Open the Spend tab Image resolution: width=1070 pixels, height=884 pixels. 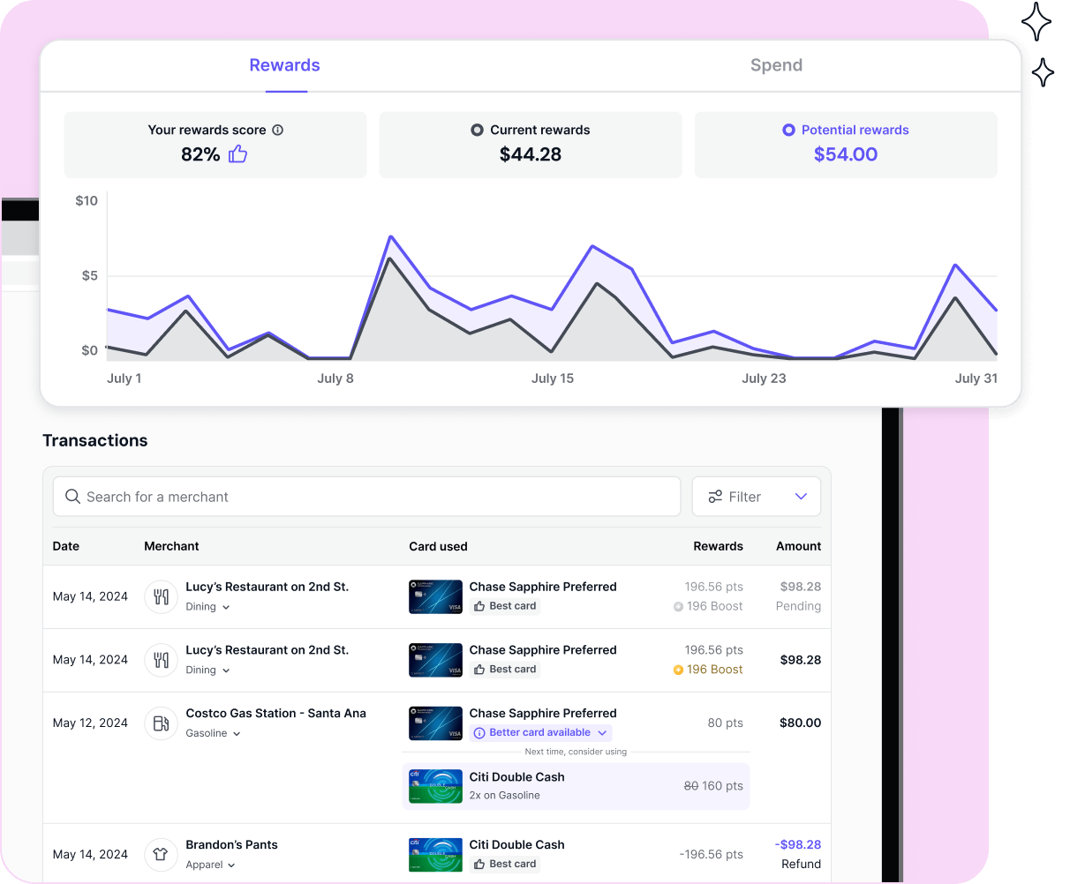point(776,65)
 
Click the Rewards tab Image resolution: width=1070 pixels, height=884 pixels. point(284,65)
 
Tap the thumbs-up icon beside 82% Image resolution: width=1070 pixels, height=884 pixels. point(238,154)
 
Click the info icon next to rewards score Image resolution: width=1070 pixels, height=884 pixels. point(277,130)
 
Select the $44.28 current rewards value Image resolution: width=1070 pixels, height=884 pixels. point(530,154)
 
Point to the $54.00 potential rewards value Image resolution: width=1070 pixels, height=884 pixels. point(845,154)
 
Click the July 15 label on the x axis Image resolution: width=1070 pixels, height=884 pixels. point(552,378)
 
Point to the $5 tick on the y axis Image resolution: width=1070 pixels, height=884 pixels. point(90,276)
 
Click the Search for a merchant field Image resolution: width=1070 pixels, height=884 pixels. point(366,497)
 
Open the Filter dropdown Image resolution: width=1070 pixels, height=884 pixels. point(756,497)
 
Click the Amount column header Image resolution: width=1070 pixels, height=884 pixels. point(798,546)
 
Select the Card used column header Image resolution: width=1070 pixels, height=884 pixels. point(438,546)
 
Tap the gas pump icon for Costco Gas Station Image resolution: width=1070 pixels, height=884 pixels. point(161,723)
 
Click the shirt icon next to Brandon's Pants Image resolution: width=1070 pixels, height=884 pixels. point(161,854)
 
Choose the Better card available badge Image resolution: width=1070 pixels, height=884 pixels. point(540,733)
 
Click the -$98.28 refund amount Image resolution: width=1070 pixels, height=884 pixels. point(798,844)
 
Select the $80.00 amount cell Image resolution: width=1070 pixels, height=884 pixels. point(800,723)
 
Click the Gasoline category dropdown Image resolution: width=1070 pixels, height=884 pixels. point(213,734)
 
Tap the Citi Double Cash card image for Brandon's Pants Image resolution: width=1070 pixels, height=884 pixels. point(435,854)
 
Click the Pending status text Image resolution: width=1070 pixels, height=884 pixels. point(798,606)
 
